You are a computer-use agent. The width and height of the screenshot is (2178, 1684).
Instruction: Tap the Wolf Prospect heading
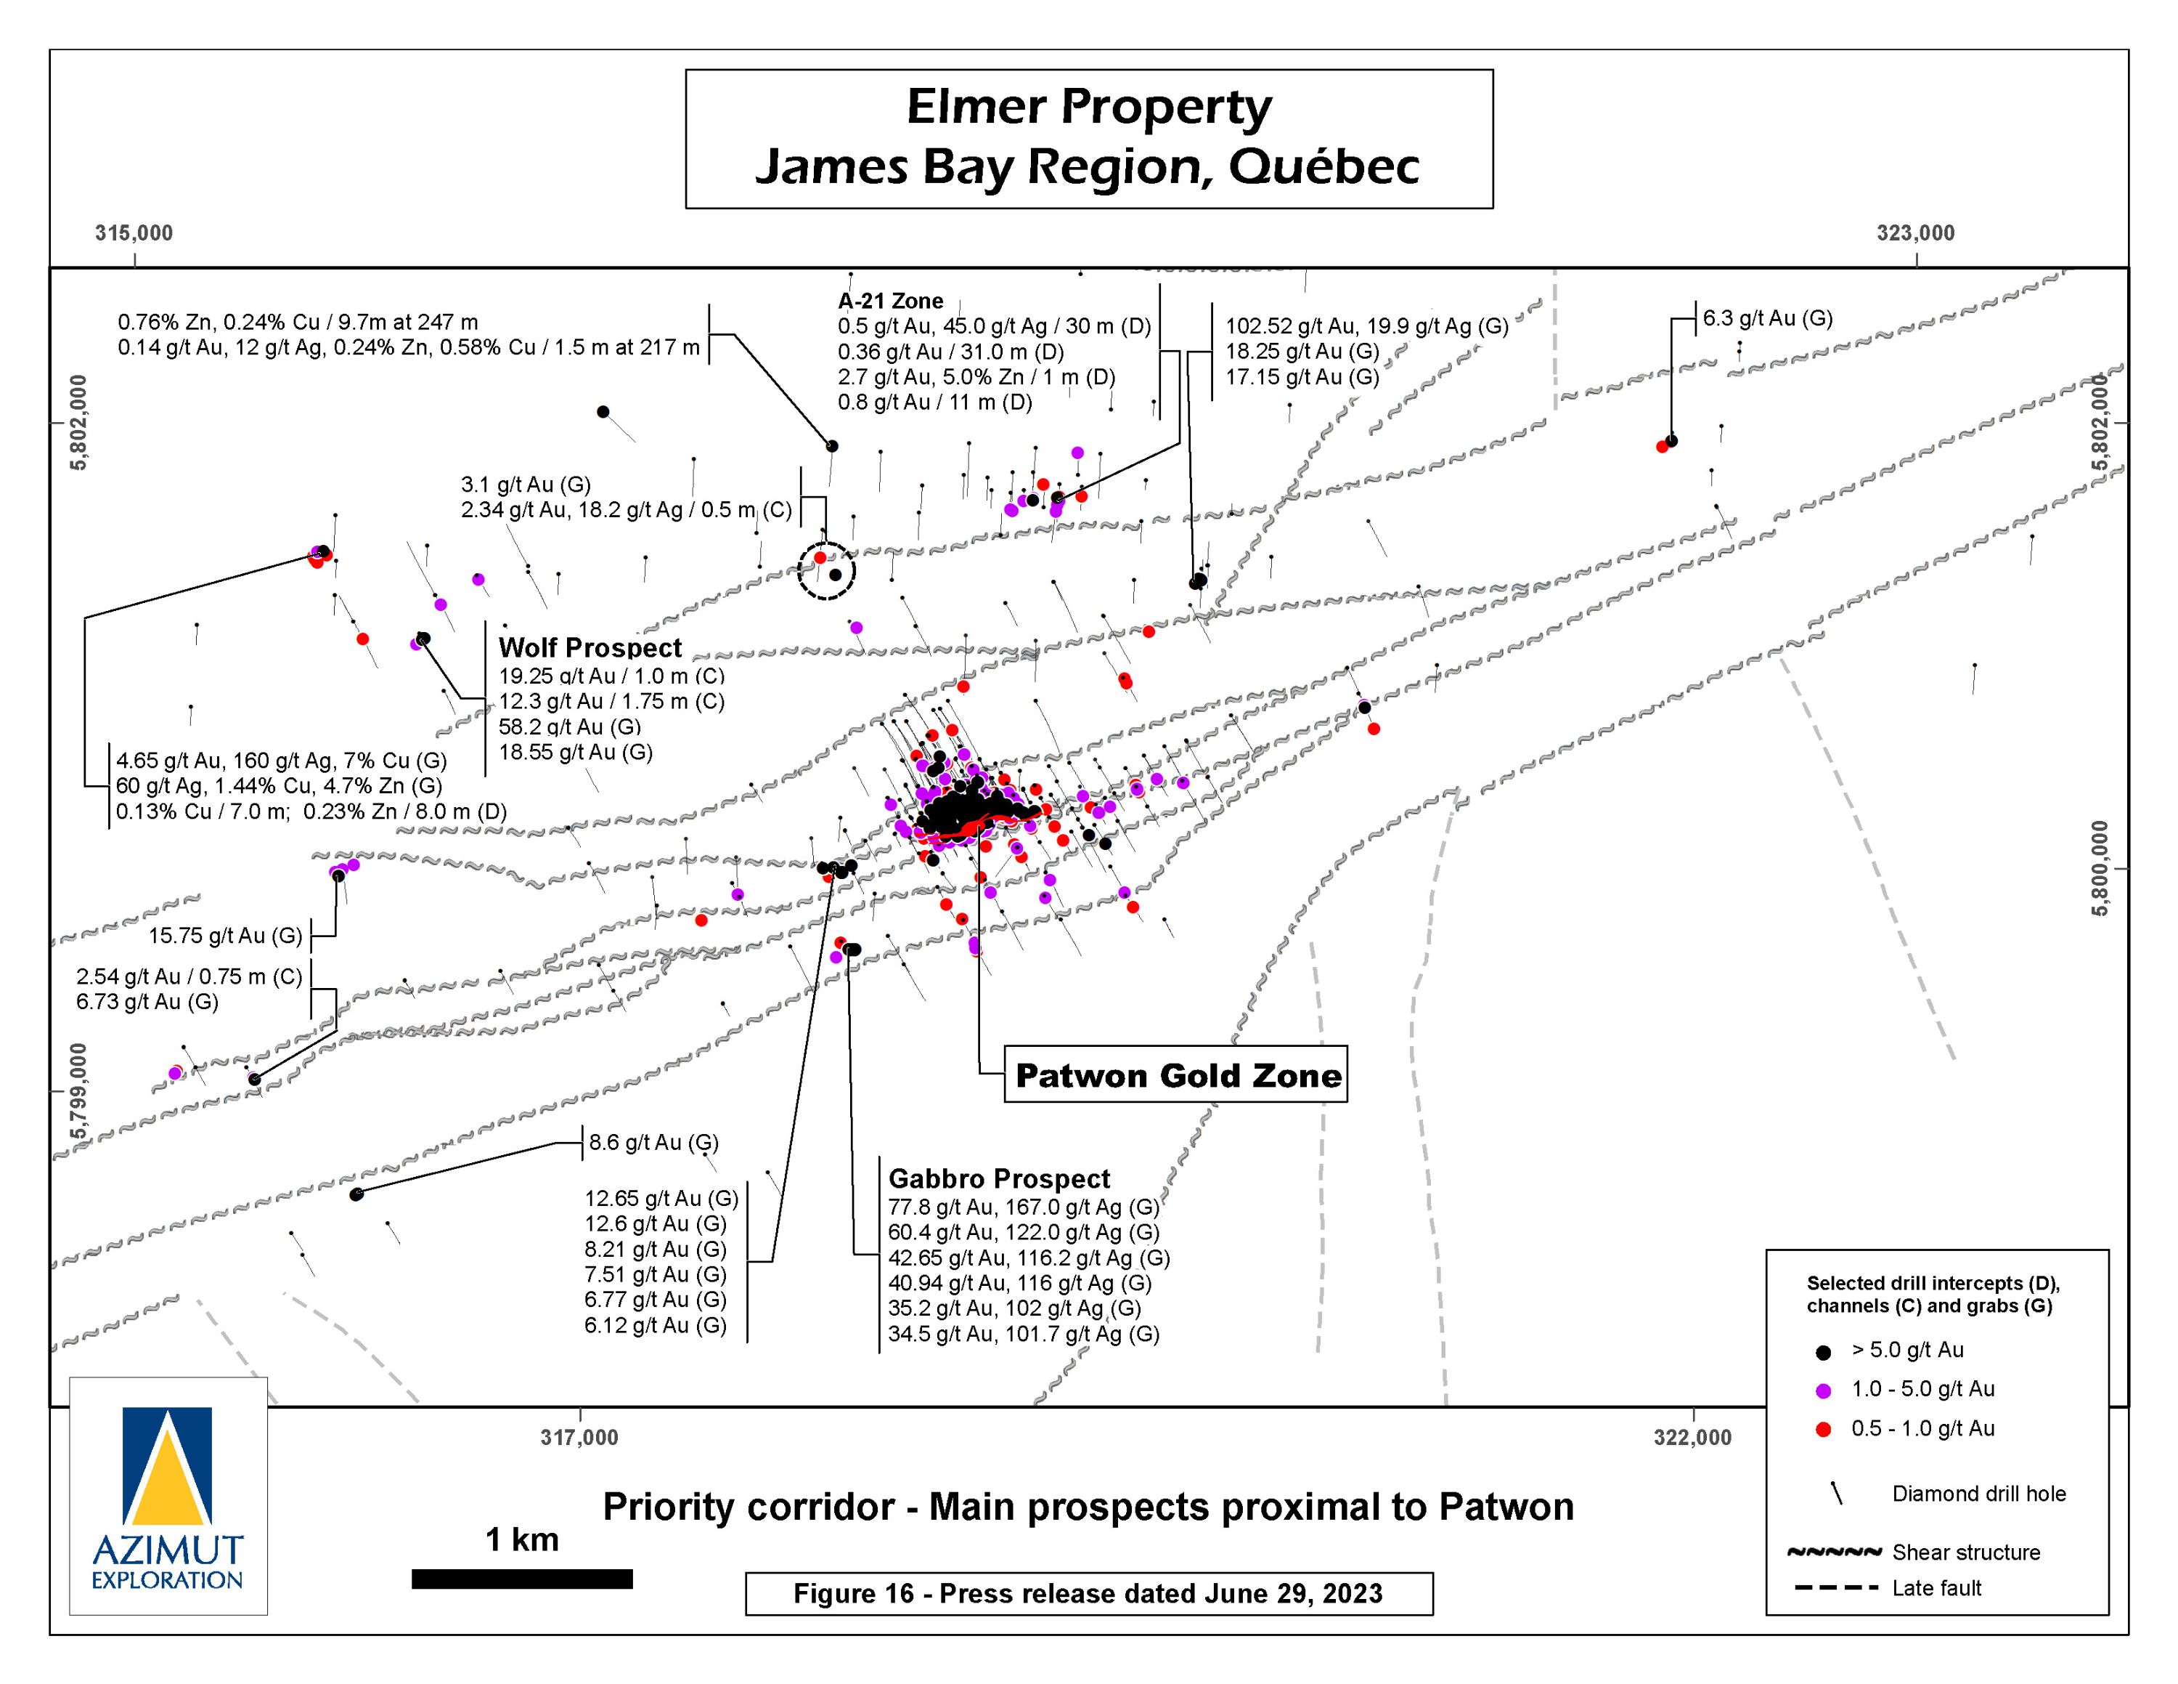tap(590, 647)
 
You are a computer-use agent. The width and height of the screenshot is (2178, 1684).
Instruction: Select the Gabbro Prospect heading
tap(999, 1178)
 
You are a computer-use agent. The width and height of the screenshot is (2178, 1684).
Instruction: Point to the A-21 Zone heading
tap(891, 300)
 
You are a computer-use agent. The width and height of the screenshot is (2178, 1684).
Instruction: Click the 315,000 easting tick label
tap(134, 232)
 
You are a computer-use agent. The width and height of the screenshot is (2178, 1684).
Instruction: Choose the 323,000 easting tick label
tap(1916, 232)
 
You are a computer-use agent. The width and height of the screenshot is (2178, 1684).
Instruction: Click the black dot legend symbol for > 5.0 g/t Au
tap(1823, 1352)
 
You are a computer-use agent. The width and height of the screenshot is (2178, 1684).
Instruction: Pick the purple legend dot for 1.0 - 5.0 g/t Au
tap(1823, 1390)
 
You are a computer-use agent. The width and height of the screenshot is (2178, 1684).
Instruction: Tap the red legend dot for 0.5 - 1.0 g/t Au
tap(1823, 1430)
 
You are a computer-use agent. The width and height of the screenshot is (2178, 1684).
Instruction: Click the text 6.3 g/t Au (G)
tap(1767, 318)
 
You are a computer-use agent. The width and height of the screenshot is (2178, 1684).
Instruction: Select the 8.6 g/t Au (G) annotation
tap(653, 1142)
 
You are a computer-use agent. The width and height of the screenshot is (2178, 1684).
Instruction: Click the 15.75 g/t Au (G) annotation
tap(225, 936)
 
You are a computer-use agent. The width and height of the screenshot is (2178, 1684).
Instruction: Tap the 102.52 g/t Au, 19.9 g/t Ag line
tap(1366, 325)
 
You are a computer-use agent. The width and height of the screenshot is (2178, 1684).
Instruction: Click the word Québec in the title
tap(1324, 166)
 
